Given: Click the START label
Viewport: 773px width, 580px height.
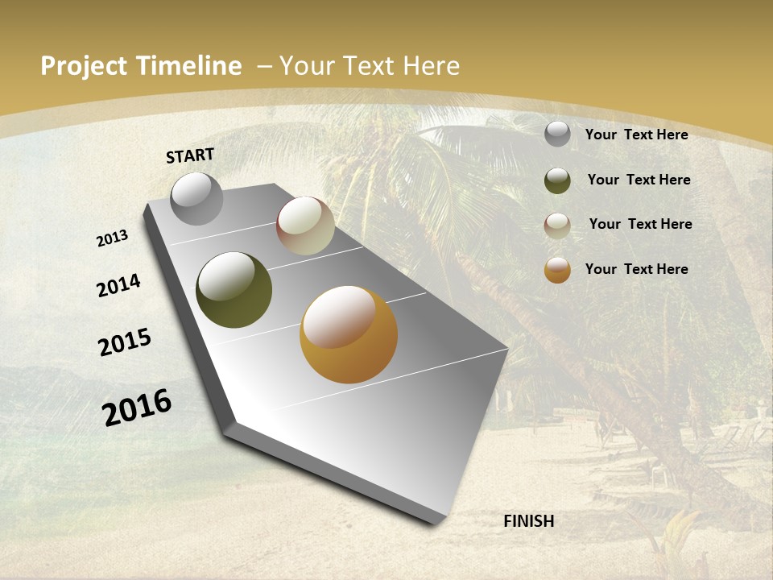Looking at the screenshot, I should click(190, 155).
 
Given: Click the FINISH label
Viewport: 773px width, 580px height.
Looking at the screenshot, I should click(528, 521).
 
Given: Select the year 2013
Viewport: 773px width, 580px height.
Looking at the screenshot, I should click(112, 238).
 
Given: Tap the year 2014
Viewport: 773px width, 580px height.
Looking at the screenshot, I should click(118, 285).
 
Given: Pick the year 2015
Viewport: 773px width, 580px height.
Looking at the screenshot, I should click(125, 342).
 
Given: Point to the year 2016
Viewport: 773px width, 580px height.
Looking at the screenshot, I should click(137, 408).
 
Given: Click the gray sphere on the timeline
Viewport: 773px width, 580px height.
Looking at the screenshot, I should click(196, 198).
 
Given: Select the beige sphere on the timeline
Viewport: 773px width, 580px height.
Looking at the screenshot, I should click(305, 226).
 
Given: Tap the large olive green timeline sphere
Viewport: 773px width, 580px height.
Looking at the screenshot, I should click(234, 290).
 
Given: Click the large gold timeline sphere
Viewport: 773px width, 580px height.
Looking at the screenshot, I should click(349, 334).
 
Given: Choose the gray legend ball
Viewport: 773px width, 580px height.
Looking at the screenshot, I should click(557, 134).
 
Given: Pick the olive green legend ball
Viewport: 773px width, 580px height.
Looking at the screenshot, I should click(557, 180).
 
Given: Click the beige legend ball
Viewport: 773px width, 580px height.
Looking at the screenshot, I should click(557, 226).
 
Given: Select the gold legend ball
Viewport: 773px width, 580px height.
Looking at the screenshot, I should click(557, 270).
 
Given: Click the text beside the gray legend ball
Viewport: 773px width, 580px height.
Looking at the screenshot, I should click(636, 135).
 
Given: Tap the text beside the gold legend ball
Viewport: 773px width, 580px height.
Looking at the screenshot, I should click(636, 269).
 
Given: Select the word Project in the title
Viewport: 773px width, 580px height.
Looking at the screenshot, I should click(84, 66).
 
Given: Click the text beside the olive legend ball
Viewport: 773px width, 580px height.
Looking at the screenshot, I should click(639, 180).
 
